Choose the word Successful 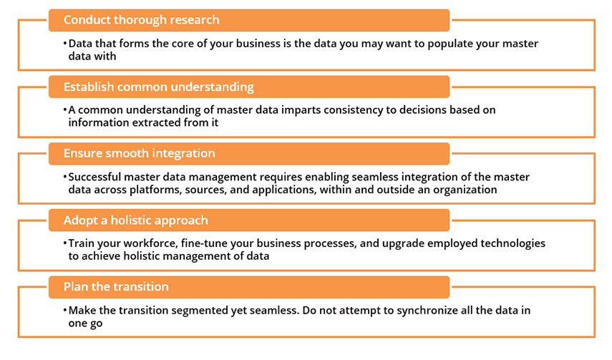point(94,177)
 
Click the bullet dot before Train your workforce point(65,243)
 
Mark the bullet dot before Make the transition point(65,311)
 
